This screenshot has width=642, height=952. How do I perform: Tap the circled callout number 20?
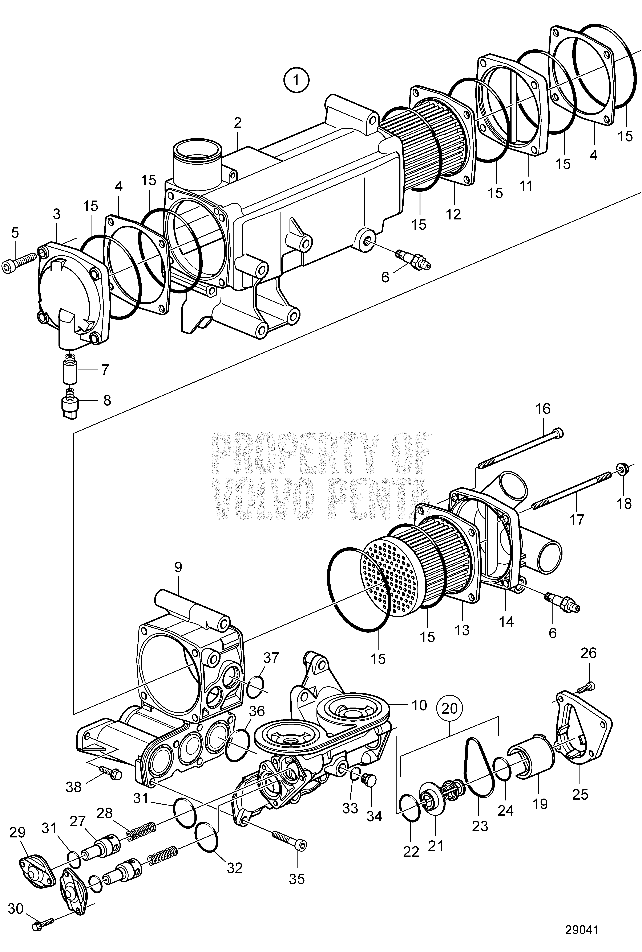coord(450,708)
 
